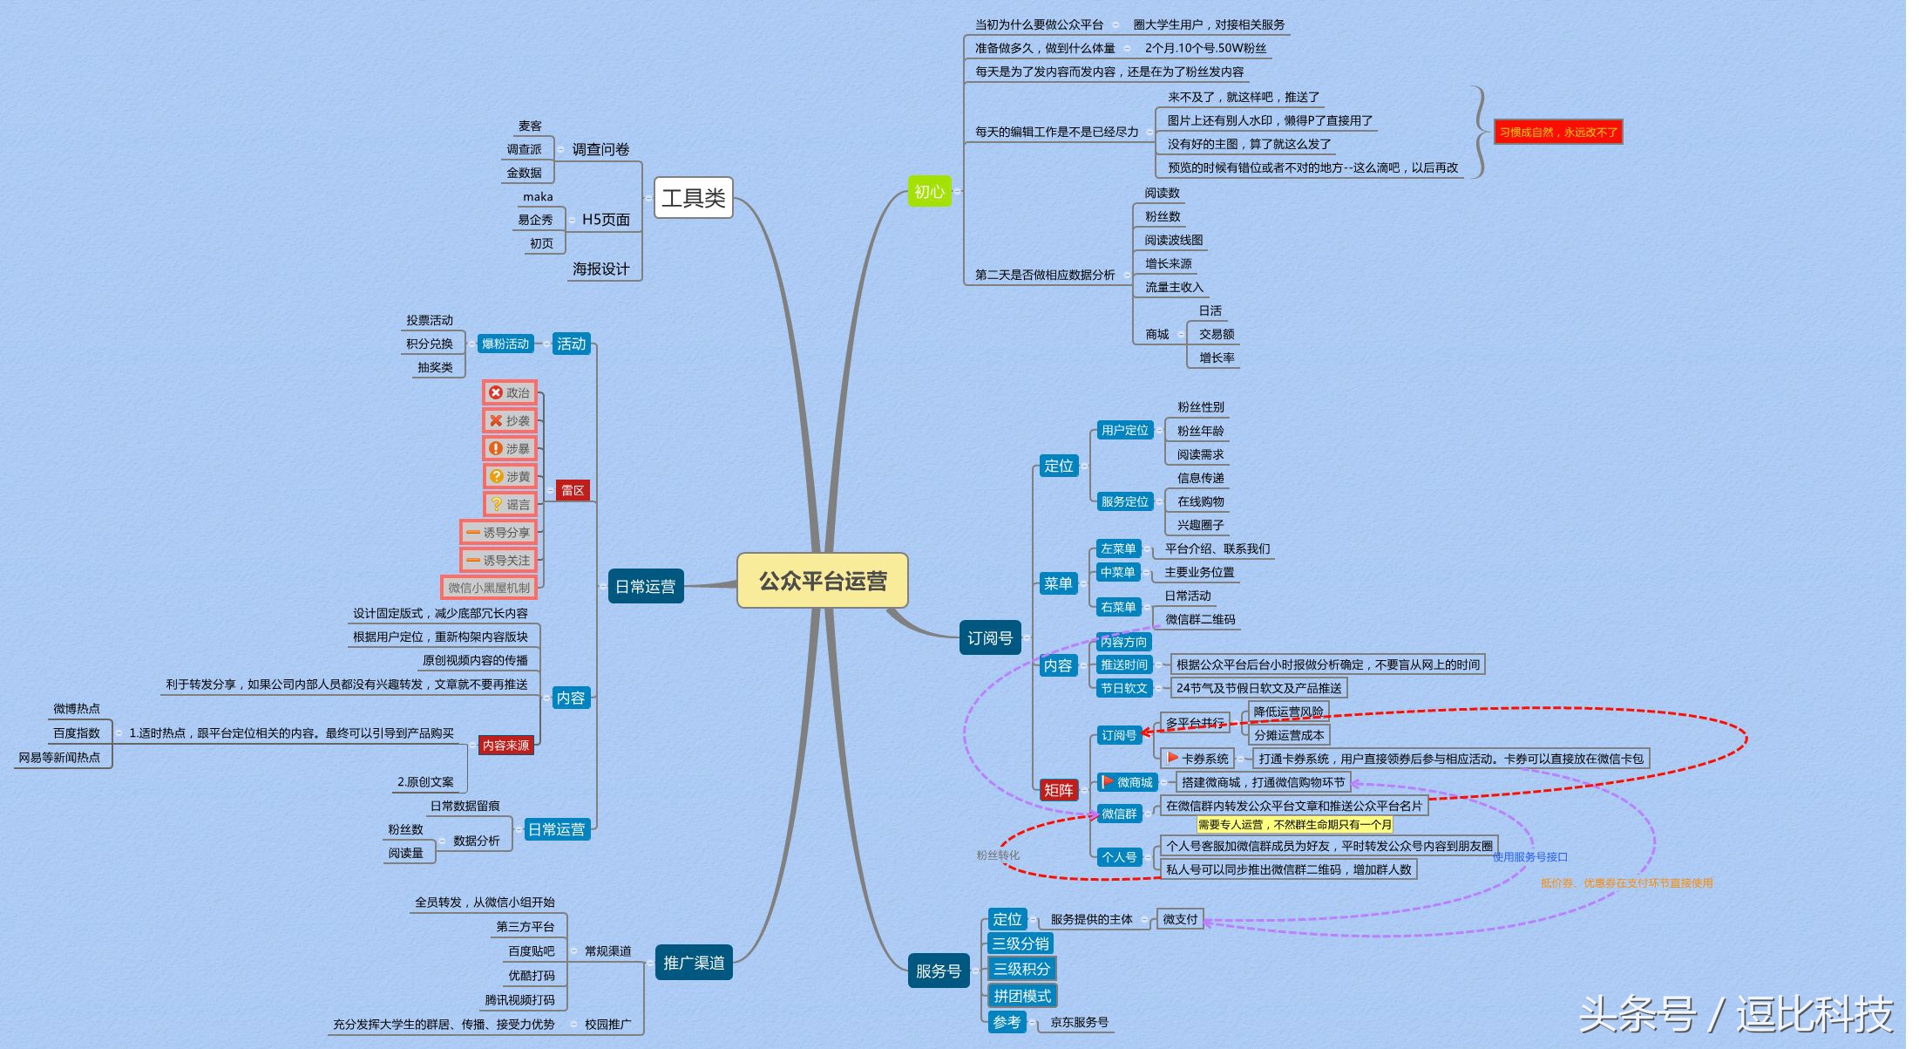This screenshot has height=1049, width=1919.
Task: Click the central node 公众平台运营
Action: pos(822,581)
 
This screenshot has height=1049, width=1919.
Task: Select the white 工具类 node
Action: pos(693,198)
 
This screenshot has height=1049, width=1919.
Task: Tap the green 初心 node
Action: pos(929,191)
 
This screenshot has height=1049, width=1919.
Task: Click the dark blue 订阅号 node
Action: pos(989,638)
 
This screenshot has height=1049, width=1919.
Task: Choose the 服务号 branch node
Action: pos(938,971)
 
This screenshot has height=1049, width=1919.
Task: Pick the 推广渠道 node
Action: pos(694,963)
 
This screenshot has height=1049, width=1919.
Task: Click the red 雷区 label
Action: pos(573,490)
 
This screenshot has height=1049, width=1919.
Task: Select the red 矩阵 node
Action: pos(1058,790)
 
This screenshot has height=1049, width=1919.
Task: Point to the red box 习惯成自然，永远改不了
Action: pos(1557,132)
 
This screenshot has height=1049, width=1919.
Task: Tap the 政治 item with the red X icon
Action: pos(510,393)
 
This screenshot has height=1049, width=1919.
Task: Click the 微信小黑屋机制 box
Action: pos(488,588)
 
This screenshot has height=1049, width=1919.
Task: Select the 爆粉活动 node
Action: pos(505,344)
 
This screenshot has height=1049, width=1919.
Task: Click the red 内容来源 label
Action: pos(505,746)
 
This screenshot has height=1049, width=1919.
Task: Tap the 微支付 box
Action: pos(1180,919)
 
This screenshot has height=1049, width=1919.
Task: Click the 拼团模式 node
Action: pos(1022,995)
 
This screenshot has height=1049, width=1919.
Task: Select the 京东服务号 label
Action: pos(1079,1022)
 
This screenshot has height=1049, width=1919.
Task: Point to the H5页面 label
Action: pos(606,220)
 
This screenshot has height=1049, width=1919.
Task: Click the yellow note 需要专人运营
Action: pos(1294,824)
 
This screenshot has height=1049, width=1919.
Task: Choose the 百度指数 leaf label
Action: pos(77,733)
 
